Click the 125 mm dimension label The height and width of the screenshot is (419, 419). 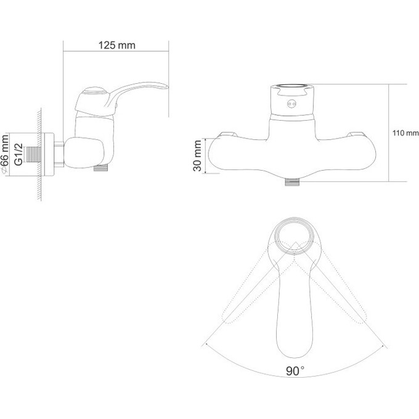coord(117,45)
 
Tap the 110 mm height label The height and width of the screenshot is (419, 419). coord(405,133)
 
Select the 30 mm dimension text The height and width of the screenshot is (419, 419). coord(197,155)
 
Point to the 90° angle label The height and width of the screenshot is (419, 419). coord(295,371)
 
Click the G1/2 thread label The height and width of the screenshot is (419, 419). coord(18,154)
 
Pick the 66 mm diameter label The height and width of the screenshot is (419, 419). coord(6,154)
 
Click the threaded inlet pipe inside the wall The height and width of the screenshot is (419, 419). coord(34,154)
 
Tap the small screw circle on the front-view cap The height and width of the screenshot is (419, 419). coord(291,104)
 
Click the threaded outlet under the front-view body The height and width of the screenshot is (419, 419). coord(292,182)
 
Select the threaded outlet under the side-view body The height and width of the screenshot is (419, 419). coord(100,168)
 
